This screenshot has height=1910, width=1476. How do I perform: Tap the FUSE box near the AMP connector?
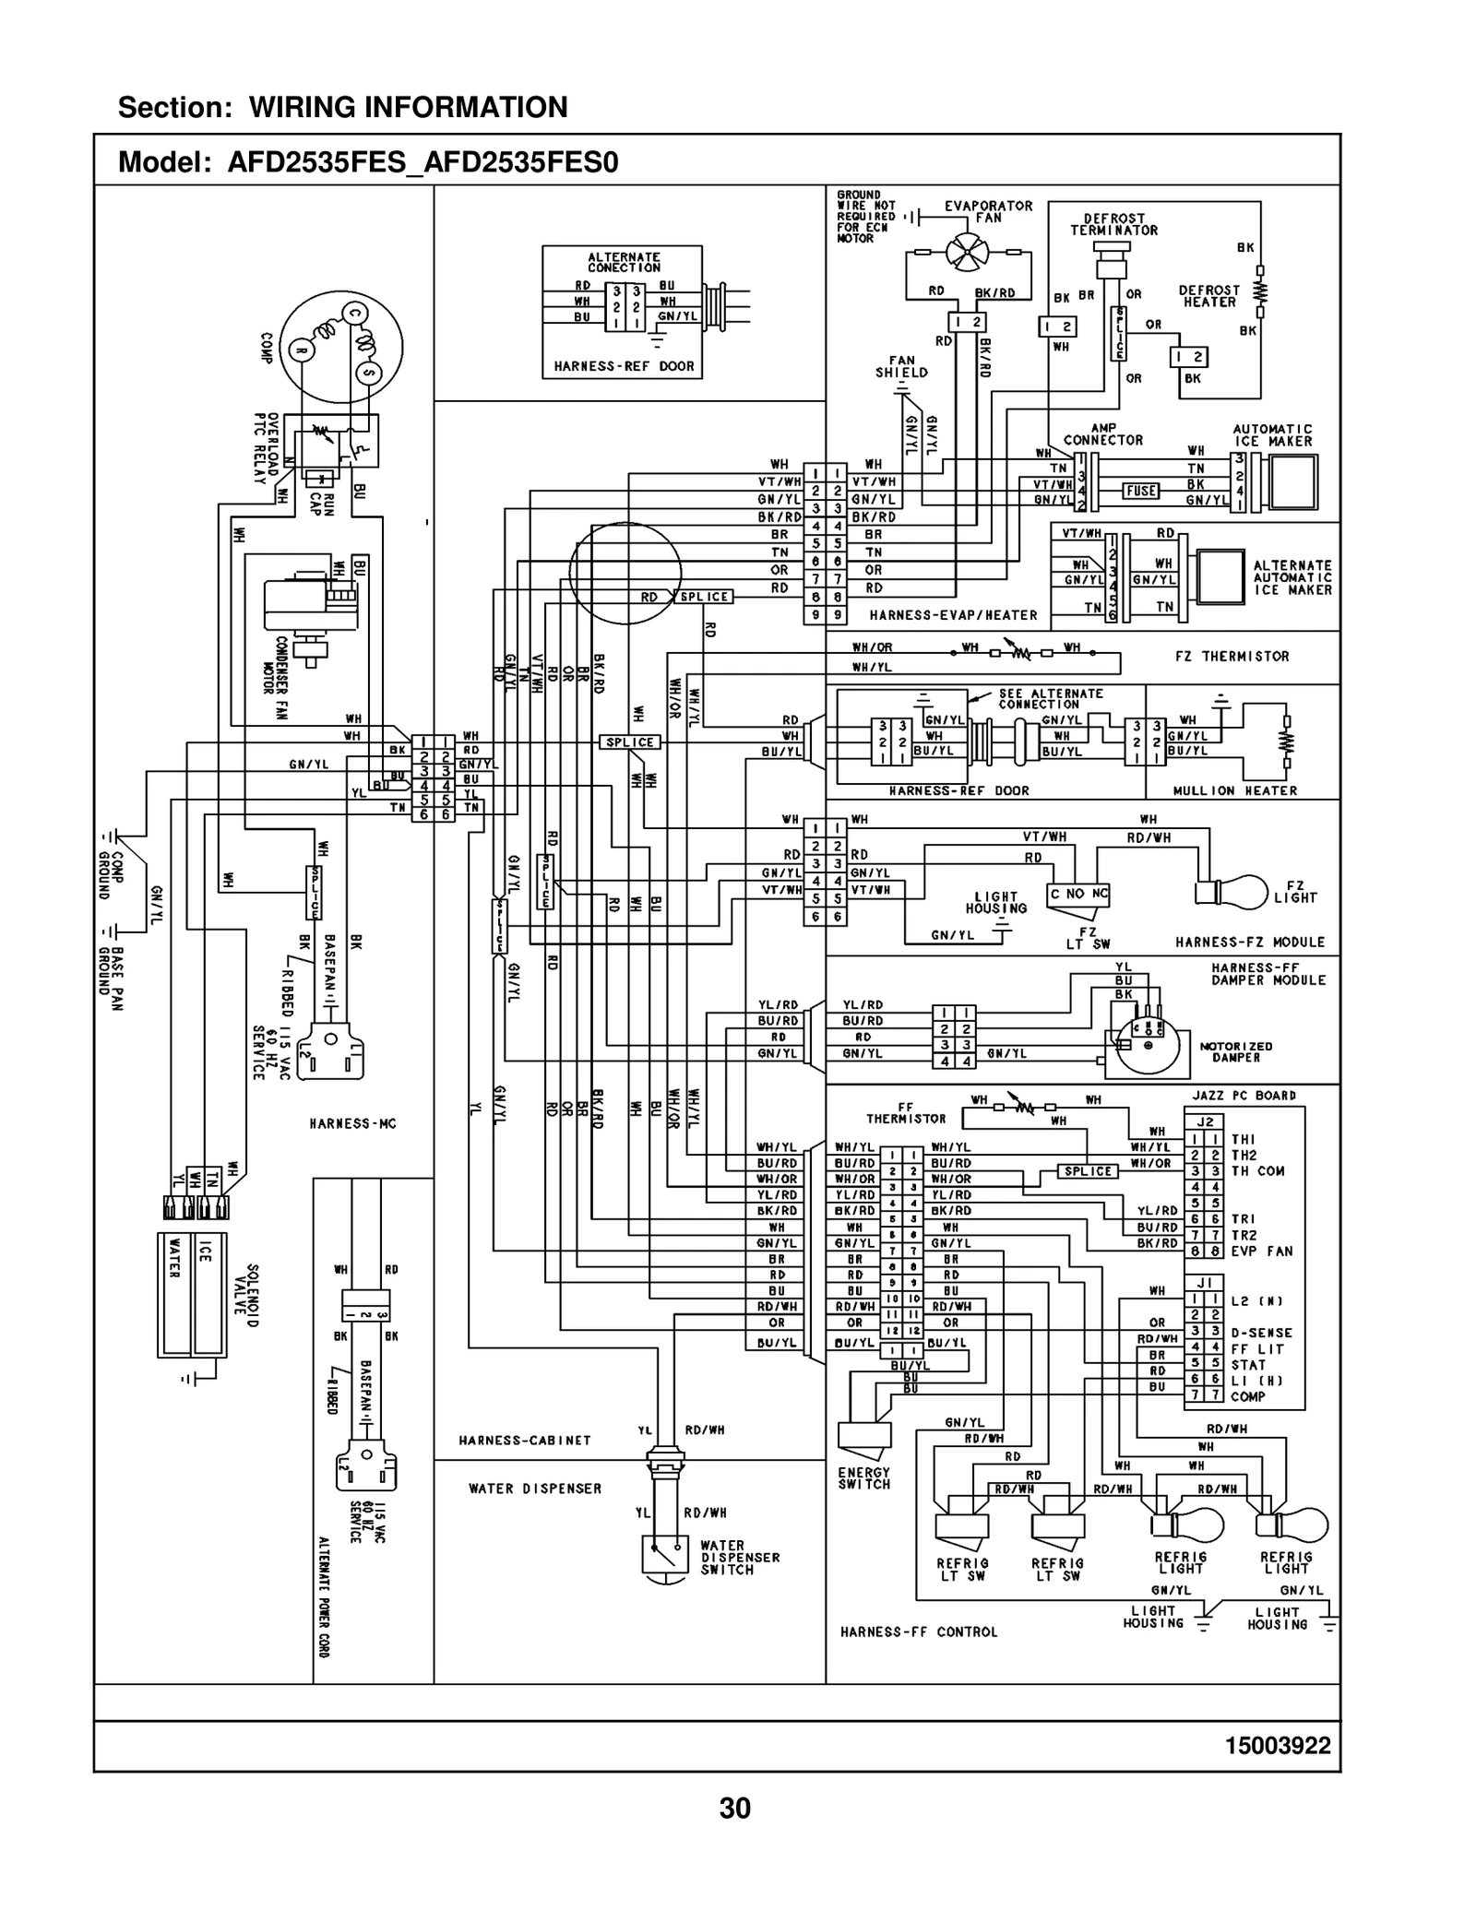(x=1140, y=491)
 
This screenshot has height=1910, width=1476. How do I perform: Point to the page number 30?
(x=735, y=1809)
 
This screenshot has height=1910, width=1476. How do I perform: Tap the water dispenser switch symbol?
(x=665, y=1555)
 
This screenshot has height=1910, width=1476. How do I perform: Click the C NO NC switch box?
(x=1078, y=894)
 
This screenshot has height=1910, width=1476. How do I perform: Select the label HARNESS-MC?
(x=352, y=1123)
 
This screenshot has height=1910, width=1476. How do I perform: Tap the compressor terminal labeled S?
(x=368, y=372)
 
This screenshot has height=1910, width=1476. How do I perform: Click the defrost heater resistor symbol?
(x=1259, y=291)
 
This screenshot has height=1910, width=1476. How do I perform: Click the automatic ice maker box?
(x=1290, y=481)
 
